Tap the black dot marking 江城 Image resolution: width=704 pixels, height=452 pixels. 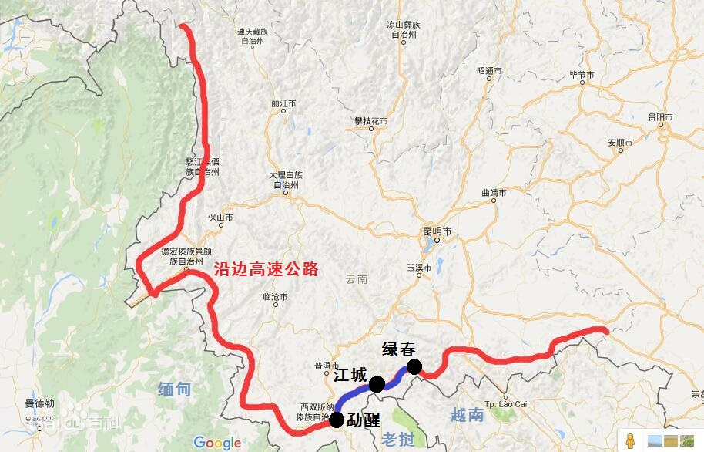coord(377,384)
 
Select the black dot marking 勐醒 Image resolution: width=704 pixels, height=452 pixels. coord(337,420)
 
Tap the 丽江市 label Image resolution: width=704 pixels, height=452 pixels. coord(283,103)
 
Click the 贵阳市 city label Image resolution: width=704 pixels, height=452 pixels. coord(660,117)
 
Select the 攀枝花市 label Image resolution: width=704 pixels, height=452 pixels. coord(370,121)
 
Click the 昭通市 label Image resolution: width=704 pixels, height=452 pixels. coord(489,70)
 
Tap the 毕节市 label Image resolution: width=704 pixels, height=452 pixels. coord(582,75)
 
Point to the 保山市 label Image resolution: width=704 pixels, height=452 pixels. coord(220,218)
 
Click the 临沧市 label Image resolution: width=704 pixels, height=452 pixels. coord(275,296)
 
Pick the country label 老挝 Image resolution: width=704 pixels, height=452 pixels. coord(398,440)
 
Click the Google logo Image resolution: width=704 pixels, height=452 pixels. coord(217,442)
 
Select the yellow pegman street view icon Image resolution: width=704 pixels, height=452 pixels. coord(630,441)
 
